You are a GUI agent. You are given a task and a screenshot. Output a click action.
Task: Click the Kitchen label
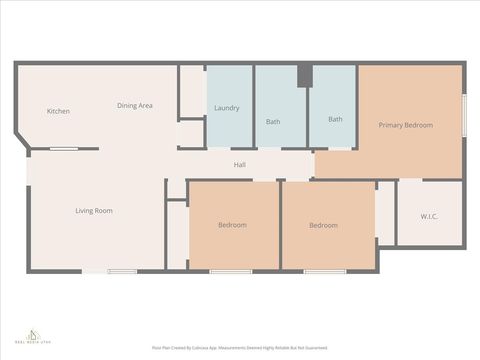[x=58, y=111]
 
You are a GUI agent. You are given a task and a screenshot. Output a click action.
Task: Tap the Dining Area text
[x=134, y=105]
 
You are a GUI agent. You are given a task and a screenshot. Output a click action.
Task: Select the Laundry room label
[x=227, y=108]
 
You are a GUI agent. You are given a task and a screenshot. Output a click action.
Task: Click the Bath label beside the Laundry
[x=273, y=122]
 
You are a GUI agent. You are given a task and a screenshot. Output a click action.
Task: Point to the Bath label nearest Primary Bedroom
[x=335, y=119]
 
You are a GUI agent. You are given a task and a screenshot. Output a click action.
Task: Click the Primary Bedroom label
[x=405, y=125]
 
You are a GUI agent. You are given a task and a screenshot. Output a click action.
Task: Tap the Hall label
[x=240, y=165]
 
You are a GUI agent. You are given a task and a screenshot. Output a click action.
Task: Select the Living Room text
[x=94, y=211]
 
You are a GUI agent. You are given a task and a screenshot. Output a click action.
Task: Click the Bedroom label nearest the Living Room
[x=232, y=225]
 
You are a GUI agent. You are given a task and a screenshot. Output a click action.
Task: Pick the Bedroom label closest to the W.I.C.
[x=323, y=225]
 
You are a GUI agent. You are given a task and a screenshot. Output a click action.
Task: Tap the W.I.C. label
[x=429, y=216]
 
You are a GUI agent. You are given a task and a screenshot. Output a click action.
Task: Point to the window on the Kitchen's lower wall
[x=64, y=149]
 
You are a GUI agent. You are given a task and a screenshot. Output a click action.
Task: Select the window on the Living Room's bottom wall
[x=122, y=271]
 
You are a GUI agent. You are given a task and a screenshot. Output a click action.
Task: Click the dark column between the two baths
[x=304, y=76]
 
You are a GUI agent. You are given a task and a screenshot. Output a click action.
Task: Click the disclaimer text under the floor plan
[x=239, y=347]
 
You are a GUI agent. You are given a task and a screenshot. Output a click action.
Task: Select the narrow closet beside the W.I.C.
[x=386, y=213]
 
